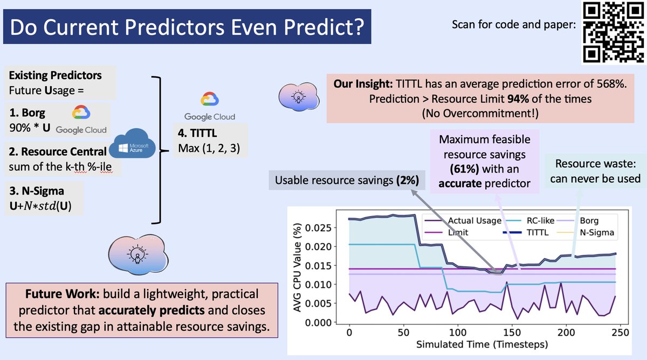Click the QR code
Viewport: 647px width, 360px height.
[613, 32]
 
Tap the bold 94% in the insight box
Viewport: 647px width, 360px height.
[518, 99]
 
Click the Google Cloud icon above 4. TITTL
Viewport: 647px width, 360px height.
[210, 99]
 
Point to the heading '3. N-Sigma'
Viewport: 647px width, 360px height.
[37, 191]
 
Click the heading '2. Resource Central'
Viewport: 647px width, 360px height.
[58, 151]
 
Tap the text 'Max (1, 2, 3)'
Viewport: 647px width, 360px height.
[209, 148]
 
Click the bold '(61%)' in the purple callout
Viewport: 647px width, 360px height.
[464, 169]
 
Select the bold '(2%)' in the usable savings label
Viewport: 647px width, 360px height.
[408, 180]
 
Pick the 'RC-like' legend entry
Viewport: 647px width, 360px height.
[528, 220]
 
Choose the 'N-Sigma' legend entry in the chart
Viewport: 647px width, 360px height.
[585, 232]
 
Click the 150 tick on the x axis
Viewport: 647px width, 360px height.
[512, 333]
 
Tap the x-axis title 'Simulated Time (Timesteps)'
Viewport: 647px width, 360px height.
[482, 344]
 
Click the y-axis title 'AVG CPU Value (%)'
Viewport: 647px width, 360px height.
[297, 267]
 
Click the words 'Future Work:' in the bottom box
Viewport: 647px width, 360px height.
[63, 294]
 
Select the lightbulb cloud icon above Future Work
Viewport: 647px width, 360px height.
[139, 254]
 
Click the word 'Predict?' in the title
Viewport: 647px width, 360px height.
[324, 27]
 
